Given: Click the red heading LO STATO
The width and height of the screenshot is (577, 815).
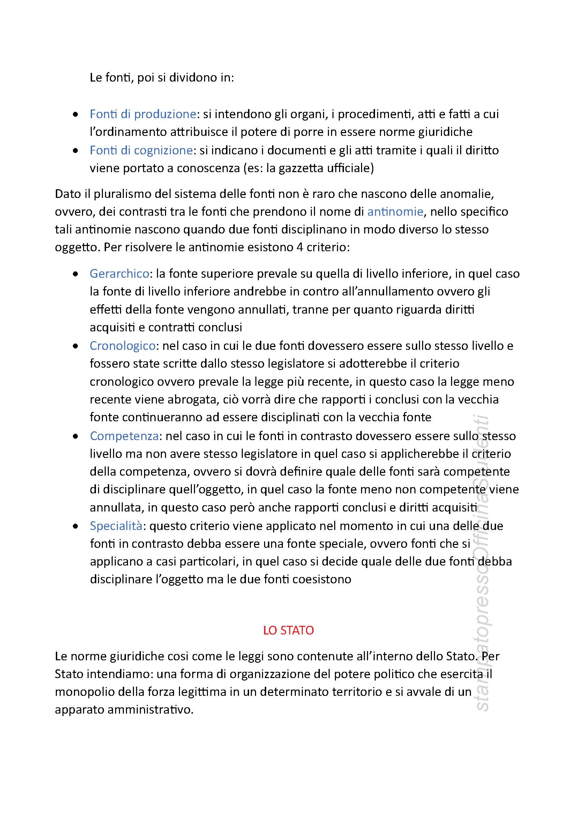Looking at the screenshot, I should tap(288, 630).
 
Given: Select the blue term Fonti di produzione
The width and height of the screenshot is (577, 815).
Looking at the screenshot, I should tap(143, 114).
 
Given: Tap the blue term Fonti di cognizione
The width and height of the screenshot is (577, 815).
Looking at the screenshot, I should tap(141, 150).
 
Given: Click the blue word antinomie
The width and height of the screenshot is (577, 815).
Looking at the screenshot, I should tap(395, 212).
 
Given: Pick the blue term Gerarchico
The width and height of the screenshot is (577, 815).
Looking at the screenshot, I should tap(119, 273).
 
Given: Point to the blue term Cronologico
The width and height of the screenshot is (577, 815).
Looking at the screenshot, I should tap(122, 345).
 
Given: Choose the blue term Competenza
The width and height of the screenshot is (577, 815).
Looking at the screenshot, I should tap(124, 436).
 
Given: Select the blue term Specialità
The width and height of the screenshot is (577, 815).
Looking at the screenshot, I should tap(116, 526).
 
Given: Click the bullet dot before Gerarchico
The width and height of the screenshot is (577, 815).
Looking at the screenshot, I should tap(75, 274).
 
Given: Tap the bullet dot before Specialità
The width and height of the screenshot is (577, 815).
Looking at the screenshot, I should tap(75, 526).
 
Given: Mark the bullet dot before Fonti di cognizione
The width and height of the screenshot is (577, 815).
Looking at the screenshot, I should tap(75, 151).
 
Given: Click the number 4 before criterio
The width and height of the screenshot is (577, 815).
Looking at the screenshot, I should tap(300, 247).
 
